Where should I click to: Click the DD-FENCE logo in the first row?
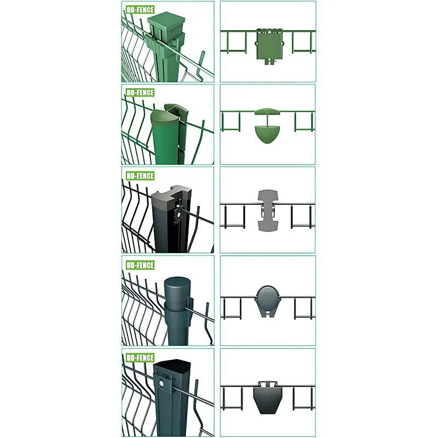140,10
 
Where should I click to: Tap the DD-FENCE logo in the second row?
140,93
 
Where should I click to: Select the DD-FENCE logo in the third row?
140,176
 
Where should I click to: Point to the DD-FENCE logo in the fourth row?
140,265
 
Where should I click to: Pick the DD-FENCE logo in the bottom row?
140,358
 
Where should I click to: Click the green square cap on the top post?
166,23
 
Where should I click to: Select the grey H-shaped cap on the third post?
171,195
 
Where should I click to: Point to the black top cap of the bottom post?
172,366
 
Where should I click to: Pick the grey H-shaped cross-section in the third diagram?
268,210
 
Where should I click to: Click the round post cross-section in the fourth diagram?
268,297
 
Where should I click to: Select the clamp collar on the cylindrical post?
178,310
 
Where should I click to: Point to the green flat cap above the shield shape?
268,112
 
